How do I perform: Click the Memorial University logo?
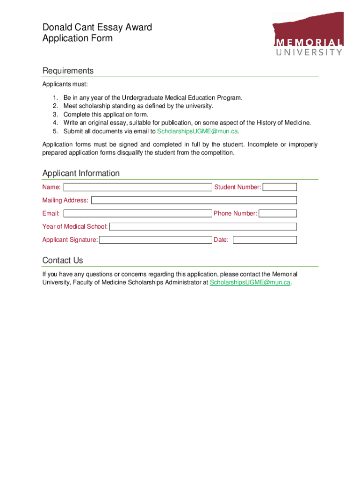pyautogui.click(x=308, y=34)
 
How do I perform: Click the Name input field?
pyautogui.click(x=137, y=187)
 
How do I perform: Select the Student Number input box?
pyautogui.click(x=280, y=187)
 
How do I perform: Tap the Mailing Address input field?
pyautogui.click(x=194, y=200)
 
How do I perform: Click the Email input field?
pyautogui.click(x=137, y=213)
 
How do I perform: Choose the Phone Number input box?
pyautogui.click(x=278, y=213)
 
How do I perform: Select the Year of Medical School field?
pyautogui.click(x=203, y=226)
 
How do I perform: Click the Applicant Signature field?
pyautogui.click(x=156, y=240)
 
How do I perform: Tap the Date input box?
pyautogui.click(x=265, y=240)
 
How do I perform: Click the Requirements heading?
pyautogui.click(x=68, y=71)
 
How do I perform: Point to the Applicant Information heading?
pyautogui.click(x=81, y=173)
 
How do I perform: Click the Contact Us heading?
pyautogui.click(x=63, y=260)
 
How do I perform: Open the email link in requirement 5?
pyautogui.click(x=197, y=131)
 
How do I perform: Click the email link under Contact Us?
pyautogui.click(x=250, y=283)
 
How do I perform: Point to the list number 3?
pyautogui.click(x=55, y=114)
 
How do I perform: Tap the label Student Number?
pyautogui.click(x=238, y=187)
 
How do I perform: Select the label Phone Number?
pyautogui.click(x=235, y=213)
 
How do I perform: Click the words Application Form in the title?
pyautogui.click(x=78, y=38)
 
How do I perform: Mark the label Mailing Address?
pyautogui.click(x=65, y=200)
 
